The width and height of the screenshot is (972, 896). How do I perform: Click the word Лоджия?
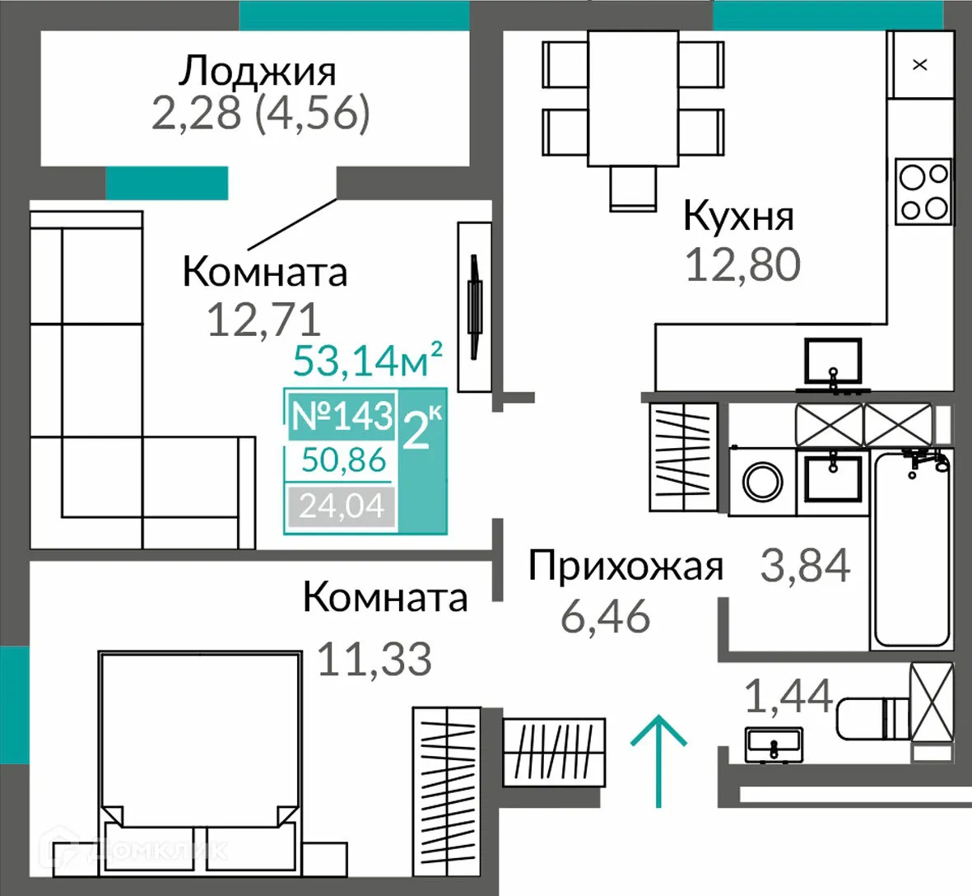click(x=258, y=72)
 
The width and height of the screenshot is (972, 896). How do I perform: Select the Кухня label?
click(x=738, y=217)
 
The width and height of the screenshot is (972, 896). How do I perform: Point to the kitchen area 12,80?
click(x=742, y=265)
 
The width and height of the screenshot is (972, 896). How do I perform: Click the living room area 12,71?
click(x=263, y=320)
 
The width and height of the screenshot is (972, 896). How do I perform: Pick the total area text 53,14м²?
click(x=368, y=361)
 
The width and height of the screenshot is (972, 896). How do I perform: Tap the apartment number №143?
click(x=342, y=416)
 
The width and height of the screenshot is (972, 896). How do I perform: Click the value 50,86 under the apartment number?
click(x=343, y=460)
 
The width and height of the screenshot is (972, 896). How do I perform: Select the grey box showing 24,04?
click(x=342, y=506)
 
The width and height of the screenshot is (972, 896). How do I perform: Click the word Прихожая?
click(x=626, y=567)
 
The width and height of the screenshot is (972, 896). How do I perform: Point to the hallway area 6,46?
click(x=605, y=616)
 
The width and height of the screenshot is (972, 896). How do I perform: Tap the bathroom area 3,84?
click(x=805, y=566)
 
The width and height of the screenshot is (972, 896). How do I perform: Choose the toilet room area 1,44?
click(x=788, y=696)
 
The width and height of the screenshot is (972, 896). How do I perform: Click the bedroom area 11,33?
click(x=374, y=660)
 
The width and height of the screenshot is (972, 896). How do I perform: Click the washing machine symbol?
click(x=763, y=482)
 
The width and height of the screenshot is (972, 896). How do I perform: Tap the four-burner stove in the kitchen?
click(x=923, y=191)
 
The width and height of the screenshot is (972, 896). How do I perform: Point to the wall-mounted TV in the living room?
click(x=474, y=306)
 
